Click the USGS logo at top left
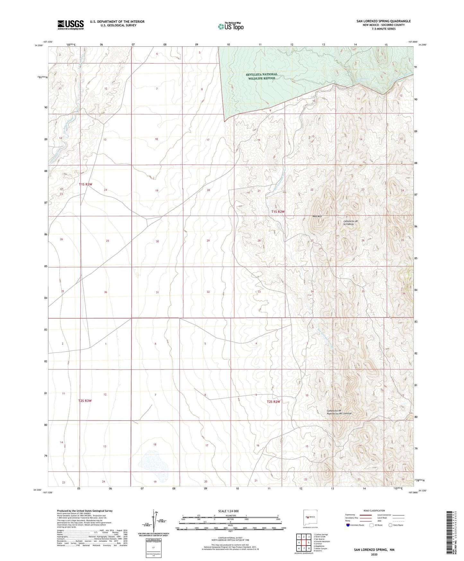(71, 25)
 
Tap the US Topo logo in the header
(231, 26)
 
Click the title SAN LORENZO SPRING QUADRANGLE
(383, 21)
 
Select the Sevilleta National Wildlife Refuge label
(261, 76)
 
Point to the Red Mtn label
(317, 217)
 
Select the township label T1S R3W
(86, 184)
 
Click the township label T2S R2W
(274, 402)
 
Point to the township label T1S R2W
(278, 212)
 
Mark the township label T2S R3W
(85, 401)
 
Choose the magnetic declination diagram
(156, 522)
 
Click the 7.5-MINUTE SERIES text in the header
(383, 29)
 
